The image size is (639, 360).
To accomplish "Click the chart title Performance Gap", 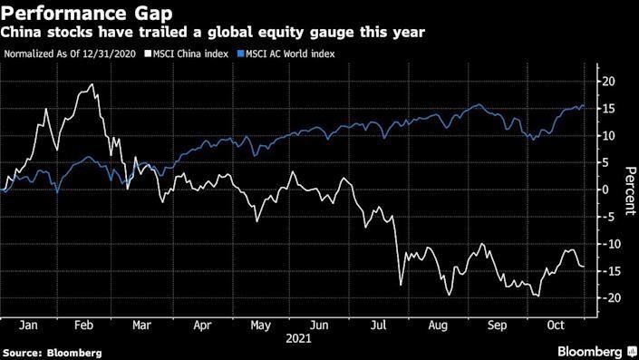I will point(79,13).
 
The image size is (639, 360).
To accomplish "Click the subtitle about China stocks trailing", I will point(214,33).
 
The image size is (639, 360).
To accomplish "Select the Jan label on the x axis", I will point(28,324).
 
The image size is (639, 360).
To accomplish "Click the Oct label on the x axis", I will point(555,324).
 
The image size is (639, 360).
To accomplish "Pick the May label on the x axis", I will point(260,324).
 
